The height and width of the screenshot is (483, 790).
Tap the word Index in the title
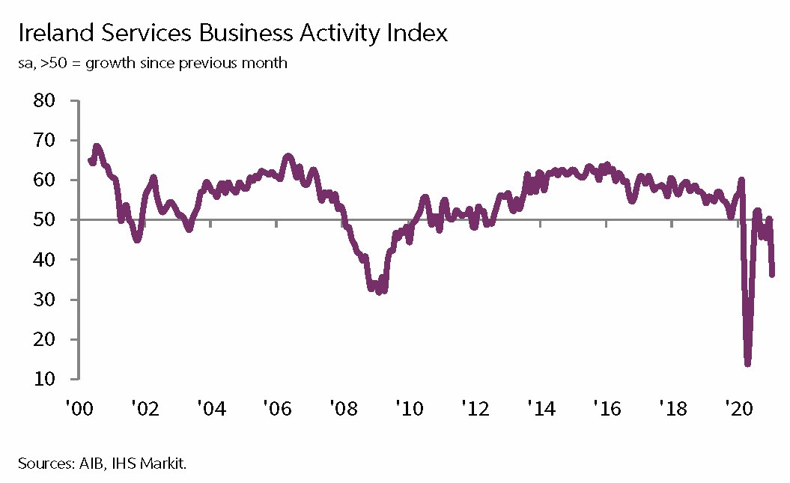point(417,34)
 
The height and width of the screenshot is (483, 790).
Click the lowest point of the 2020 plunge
point(747,364)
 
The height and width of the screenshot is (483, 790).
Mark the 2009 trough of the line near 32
point(378,291)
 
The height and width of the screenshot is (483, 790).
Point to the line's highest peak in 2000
point(97,146)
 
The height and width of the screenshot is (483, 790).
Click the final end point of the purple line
point(773,274)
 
